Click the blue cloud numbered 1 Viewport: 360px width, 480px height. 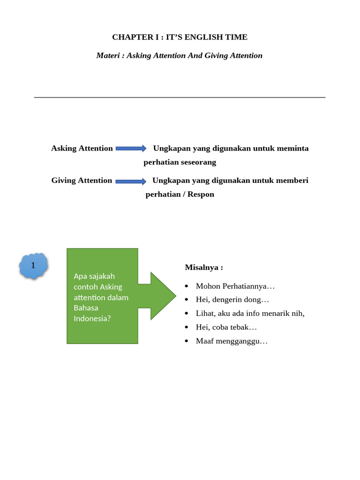[33, 266]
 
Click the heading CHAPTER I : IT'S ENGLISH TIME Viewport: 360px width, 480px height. [180, 37]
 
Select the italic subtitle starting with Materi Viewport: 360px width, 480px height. [179, 56]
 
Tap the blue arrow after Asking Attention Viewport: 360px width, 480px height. [131, 149]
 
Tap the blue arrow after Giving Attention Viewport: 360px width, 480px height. [131, 181]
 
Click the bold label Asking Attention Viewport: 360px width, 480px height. [82, 149]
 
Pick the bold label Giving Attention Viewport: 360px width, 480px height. [82, 180]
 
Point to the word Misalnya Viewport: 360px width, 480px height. [203, 268]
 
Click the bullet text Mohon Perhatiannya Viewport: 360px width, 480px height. [235, 286]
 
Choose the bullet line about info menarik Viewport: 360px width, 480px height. [250, 313]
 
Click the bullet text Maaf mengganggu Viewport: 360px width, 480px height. [232, 341]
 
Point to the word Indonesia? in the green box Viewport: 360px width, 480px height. [92, 318]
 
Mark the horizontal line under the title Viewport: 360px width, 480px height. [180, 97]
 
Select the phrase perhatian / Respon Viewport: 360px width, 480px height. [180, 195]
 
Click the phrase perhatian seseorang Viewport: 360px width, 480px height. [180, 162]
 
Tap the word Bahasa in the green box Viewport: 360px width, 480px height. [86, 308]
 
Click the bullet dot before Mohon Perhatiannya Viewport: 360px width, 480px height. [187, 286]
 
